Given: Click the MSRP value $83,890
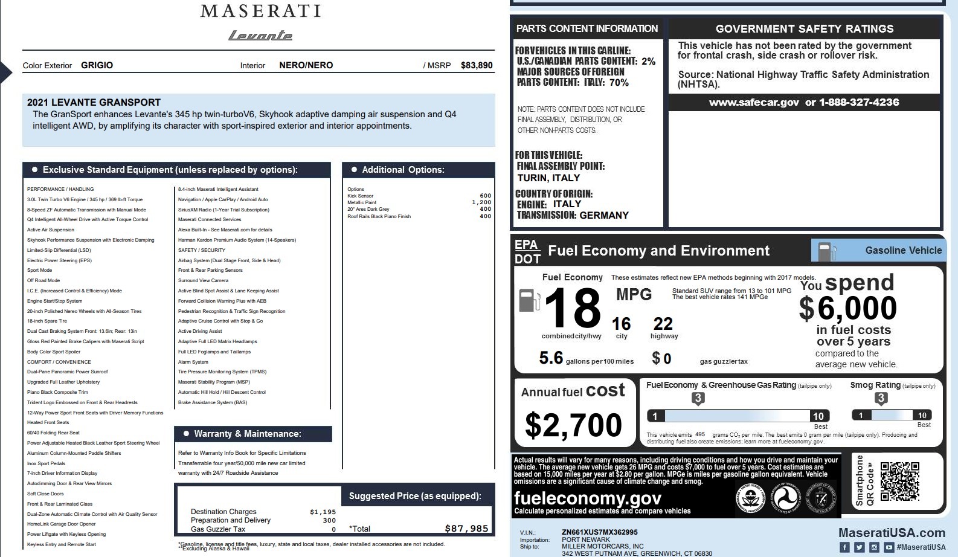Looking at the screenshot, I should pyautogui.click(x=477, y=65).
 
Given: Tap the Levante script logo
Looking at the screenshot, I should pyautogui.click(x=260, y=36).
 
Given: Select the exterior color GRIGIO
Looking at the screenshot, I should pyautogui.click(x=97, y=65).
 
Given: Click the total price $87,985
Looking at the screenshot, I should pyautogui.click(x=466, y=529).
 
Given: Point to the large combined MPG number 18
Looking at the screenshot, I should pyautogui.click(x=572, y=308).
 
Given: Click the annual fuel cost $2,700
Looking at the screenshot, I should pyautogui.click(x=573, y=425).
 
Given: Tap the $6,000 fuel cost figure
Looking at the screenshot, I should pyautogui.click(x=848, y=308).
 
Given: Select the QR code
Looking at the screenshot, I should pyautogui.click(x=899, y=481).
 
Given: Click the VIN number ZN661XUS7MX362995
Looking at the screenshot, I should pyautogui.click(x=599, y=532).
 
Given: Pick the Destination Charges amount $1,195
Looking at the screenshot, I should pyautogui.click(x=323, y=512).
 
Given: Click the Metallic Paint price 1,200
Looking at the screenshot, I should pyautogui.click(x=481, y=202).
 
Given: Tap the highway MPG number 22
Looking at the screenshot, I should pyautogui.click(x=663, y=324).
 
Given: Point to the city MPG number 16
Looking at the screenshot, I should pyautogui.click(x=621, y=324).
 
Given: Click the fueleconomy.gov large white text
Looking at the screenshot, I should pyautogui.click(x=587, y=498).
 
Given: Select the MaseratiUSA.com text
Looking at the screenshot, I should pyautogui.click(x=892, y=533).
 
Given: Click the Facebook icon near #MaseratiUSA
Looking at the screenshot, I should pyautogui.click(x=844, y=547).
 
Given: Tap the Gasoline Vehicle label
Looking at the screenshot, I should pyautogui.click(x=903, y=250).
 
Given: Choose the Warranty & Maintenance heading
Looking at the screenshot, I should pyautogui.click(x=247, y=434).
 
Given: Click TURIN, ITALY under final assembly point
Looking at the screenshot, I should pyautogui.click(x=548, y=178).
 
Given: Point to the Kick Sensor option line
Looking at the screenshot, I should pyautogui.click(x=361, y=196).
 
